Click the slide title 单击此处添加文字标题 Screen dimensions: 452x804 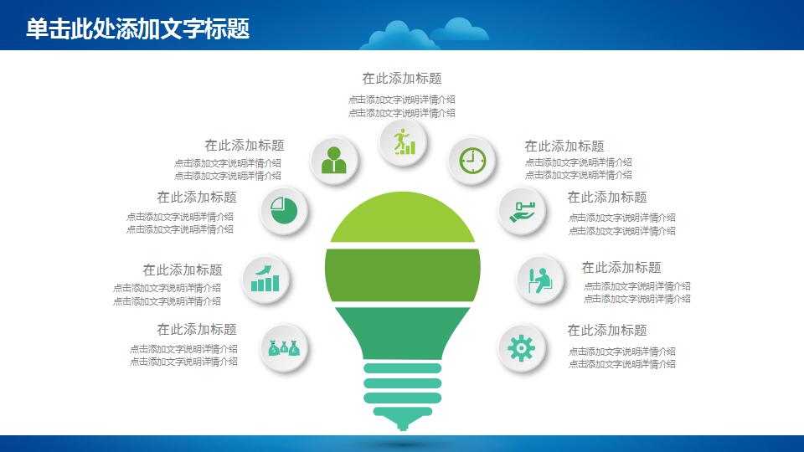(x=137, y=29)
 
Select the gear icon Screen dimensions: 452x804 (x=522, y=347)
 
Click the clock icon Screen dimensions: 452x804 (x=472, y=159)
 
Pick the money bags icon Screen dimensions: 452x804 (x=284, y=347)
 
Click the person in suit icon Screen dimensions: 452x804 (x=333, y=159)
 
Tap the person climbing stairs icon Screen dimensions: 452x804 (x=404, y=141)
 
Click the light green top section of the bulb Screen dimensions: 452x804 (x=403, y=219)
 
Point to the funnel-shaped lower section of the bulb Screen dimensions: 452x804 (x=403, y=331)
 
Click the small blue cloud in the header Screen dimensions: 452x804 (x=461, y=31)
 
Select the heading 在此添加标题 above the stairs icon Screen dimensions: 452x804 (x=401, y=78)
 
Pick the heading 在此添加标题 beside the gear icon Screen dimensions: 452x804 (x=607, y=330)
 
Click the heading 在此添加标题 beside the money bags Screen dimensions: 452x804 (x=197, y=329)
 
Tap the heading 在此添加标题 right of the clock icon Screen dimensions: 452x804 (x=564, y=146)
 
